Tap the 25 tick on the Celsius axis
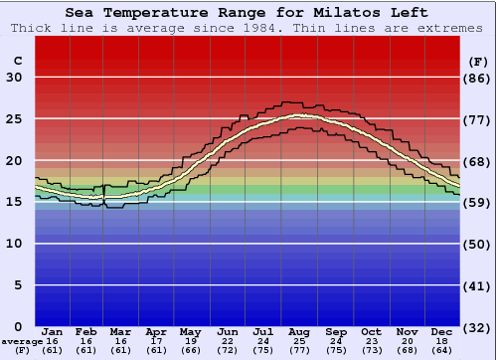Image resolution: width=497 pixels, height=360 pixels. [15, 119]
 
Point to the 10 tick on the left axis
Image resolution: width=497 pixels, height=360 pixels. [15, 244]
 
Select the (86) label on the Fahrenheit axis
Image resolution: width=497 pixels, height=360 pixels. [478, 78]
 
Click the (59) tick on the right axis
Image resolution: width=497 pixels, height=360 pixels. [478, 202]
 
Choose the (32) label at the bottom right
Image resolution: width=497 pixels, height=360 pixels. [478, 327]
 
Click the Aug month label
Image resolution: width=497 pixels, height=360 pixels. [298, 331]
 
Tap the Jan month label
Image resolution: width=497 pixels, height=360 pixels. [53, 331]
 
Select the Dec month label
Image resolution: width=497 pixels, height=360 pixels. [441, 331]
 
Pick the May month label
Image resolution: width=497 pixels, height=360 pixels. [190, 331]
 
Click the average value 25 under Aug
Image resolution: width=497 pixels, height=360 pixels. [298, 340]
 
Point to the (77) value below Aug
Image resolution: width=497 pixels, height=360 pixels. [298, 350]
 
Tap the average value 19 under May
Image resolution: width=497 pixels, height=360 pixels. [190, 340]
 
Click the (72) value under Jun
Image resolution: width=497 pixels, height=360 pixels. [228, 350]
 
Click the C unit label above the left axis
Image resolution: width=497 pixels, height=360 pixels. [17, 62]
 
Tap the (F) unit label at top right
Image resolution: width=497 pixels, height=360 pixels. [478, 62]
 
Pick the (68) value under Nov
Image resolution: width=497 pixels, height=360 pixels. [406, 350]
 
